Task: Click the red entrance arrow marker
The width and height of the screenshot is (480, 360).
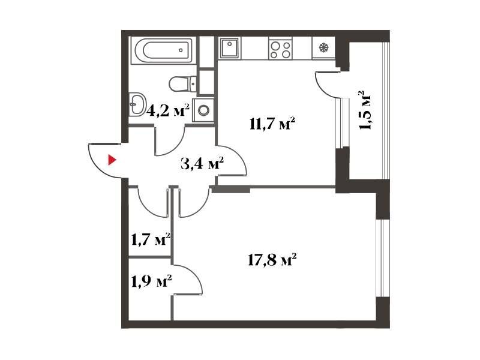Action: [112, 160]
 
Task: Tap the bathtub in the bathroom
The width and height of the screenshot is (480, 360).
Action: [163, 50]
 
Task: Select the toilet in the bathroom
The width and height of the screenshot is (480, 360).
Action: [182, 83]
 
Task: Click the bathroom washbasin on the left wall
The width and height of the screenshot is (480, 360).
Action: [137, 104]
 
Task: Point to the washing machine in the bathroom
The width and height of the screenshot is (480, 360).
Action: [203, 110]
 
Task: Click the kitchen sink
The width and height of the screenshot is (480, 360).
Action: [230, 48]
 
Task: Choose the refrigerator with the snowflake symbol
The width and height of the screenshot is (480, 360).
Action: [323, 48]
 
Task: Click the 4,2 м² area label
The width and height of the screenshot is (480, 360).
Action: [168, 110]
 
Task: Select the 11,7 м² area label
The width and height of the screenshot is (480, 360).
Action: [272, 124]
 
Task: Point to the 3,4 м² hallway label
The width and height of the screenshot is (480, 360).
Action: [202, 164]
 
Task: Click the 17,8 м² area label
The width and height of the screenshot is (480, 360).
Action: [272, 260]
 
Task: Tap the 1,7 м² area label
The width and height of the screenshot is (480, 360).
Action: [151, 239]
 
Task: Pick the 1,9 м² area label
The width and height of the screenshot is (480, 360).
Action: [151, 281]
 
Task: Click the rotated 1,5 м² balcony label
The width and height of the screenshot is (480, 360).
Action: [366, 110]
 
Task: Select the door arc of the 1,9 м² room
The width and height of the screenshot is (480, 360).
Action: [193, 274]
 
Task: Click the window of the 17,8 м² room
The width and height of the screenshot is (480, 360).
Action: [383, 258]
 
